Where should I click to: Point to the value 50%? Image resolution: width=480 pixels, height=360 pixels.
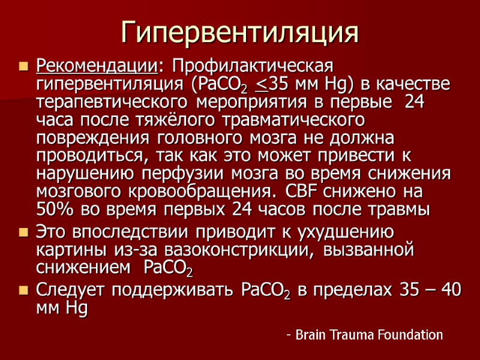point(56,211)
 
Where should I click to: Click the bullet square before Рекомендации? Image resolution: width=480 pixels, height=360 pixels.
point(25,65)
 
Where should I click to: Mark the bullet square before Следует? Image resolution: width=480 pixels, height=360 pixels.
point(25,290)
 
